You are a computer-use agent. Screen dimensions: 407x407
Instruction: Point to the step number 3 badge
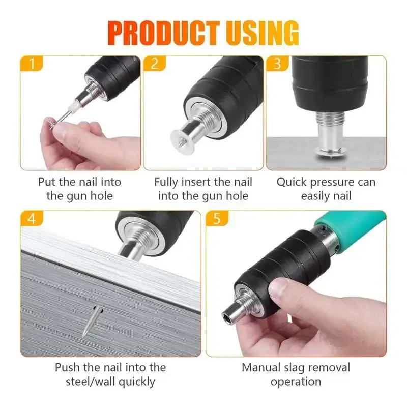277,64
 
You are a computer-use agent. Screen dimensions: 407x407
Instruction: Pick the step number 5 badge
216,219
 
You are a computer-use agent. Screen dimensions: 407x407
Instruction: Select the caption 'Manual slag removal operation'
296,374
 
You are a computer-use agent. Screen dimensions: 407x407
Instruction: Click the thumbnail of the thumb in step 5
277,288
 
